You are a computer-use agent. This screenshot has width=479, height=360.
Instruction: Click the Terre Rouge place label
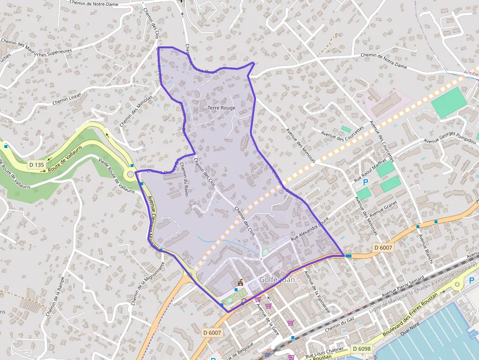[x=221, y=108]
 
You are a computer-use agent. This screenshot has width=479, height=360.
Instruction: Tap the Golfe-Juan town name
[x=277, y=280]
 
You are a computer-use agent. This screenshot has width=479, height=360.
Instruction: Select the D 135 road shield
[x=36, y=165]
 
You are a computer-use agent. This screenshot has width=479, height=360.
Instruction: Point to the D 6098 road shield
[x=361, y=349]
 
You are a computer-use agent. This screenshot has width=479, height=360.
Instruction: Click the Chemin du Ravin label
[x=184, y=179]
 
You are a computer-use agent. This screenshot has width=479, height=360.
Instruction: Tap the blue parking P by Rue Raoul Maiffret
[x=366, y=182]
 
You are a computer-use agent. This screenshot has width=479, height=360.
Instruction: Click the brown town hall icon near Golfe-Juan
[x=240, y=282]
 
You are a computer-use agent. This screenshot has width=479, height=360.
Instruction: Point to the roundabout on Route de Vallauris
[x=131, y=173]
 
